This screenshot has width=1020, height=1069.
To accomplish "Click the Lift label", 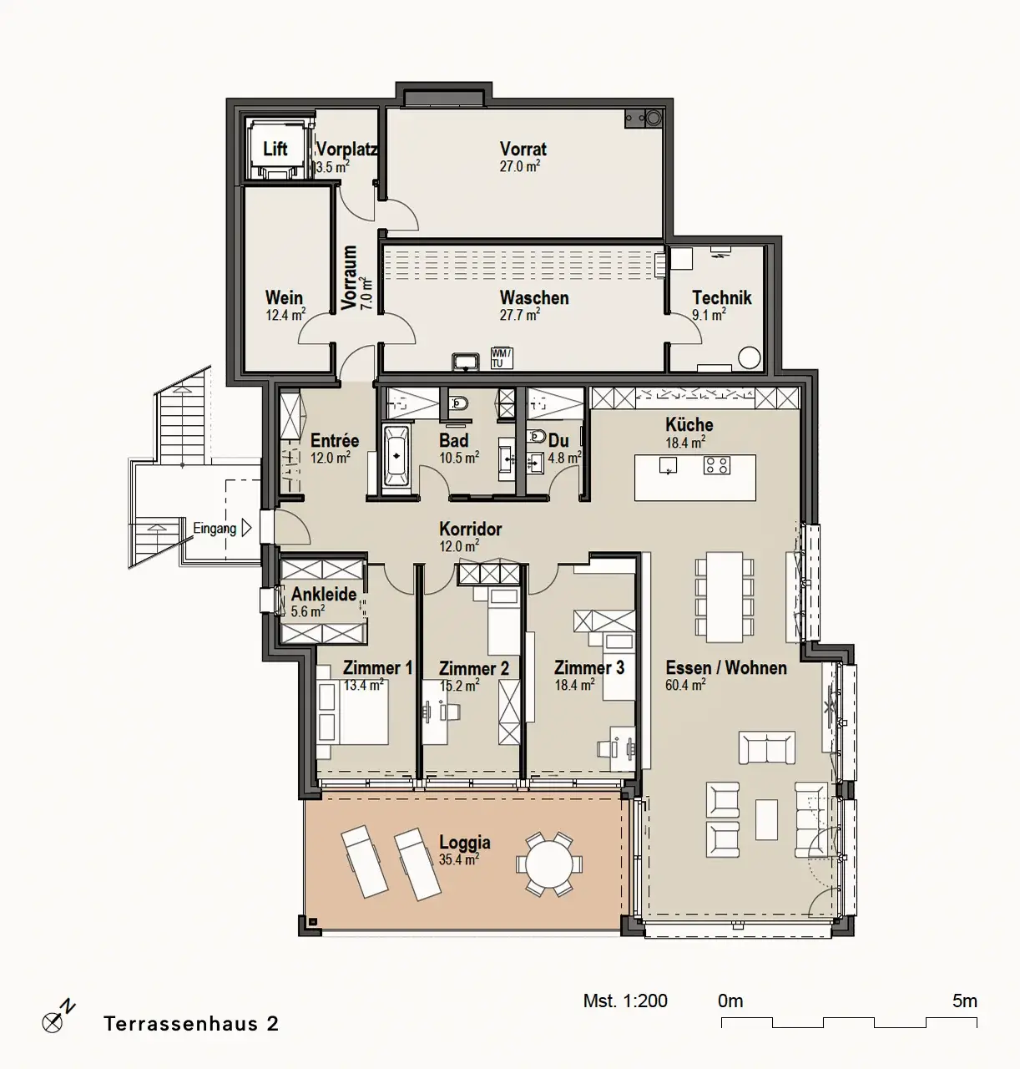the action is click(x=275, y=149).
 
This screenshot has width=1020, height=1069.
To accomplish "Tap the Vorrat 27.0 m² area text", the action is click(x=519, y=166).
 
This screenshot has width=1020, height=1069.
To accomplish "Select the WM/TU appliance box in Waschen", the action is click(x=502, y=357).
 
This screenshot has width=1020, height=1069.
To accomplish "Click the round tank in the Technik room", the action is click(x=749, y=357).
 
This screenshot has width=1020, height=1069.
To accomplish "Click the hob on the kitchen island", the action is click(x=716, y=465).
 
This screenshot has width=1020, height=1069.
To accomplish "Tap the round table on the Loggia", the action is click(x=548, y=864).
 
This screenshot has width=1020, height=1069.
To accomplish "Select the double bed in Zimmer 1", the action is click(x=352, y=712).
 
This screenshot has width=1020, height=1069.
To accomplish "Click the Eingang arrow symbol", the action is click(x=246, y=528).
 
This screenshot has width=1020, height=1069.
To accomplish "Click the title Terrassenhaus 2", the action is click(x=191, y=1023).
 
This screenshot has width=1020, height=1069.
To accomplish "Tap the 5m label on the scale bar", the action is click(x=965, y=1001).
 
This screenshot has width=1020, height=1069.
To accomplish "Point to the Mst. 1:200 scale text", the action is click(x=625, y=1001).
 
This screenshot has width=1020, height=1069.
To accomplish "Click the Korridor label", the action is click(x=471, y=529).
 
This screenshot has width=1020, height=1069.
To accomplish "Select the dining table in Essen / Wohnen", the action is click(x=725, y=597).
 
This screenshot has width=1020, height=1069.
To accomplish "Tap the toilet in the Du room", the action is click(x=536, y=436).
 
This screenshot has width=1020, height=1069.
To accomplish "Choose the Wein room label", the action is click(x=284, y=298).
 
